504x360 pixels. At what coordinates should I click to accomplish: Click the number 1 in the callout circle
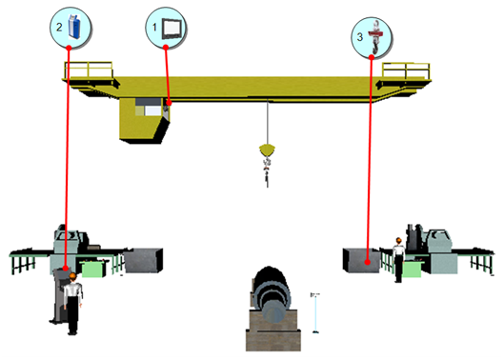coord(154,28)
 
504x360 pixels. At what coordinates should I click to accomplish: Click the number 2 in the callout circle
coord(59,28)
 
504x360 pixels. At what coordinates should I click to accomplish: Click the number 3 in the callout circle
coord(360,37)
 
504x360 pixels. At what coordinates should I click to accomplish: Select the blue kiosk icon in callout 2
coord(74,27)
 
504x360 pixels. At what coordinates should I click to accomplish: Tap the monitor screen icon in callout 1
coord(171,28)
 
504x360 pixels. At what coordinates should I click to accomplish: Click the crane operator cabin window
coord(152,110)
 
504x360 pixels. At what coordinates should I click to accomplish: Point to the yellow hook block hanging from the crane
coord(267,150)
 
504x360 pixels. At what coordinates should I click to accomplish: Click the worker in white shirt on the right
coord(398,260)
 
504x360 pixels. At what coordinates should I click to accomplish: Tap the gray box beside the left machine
coord(143,260)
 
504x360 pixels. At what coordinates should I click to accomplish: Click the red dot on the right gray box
coord(368,262)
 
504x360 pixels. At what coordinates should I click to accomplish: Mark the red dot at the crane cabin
coord(169,103)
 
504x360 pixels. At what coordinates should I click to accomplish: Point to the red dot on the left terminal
coord(65,268)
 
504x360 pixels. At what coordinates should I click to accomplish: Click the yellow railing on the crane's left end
coord(89,70)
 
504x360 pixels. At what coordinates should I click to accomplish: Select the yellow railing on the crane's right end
coord(406,70)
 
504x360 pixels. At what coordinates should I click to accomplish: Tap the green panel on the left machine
coord(92,269)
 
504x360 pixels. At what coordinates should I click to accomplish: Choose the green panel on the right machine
coord(413,269)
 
